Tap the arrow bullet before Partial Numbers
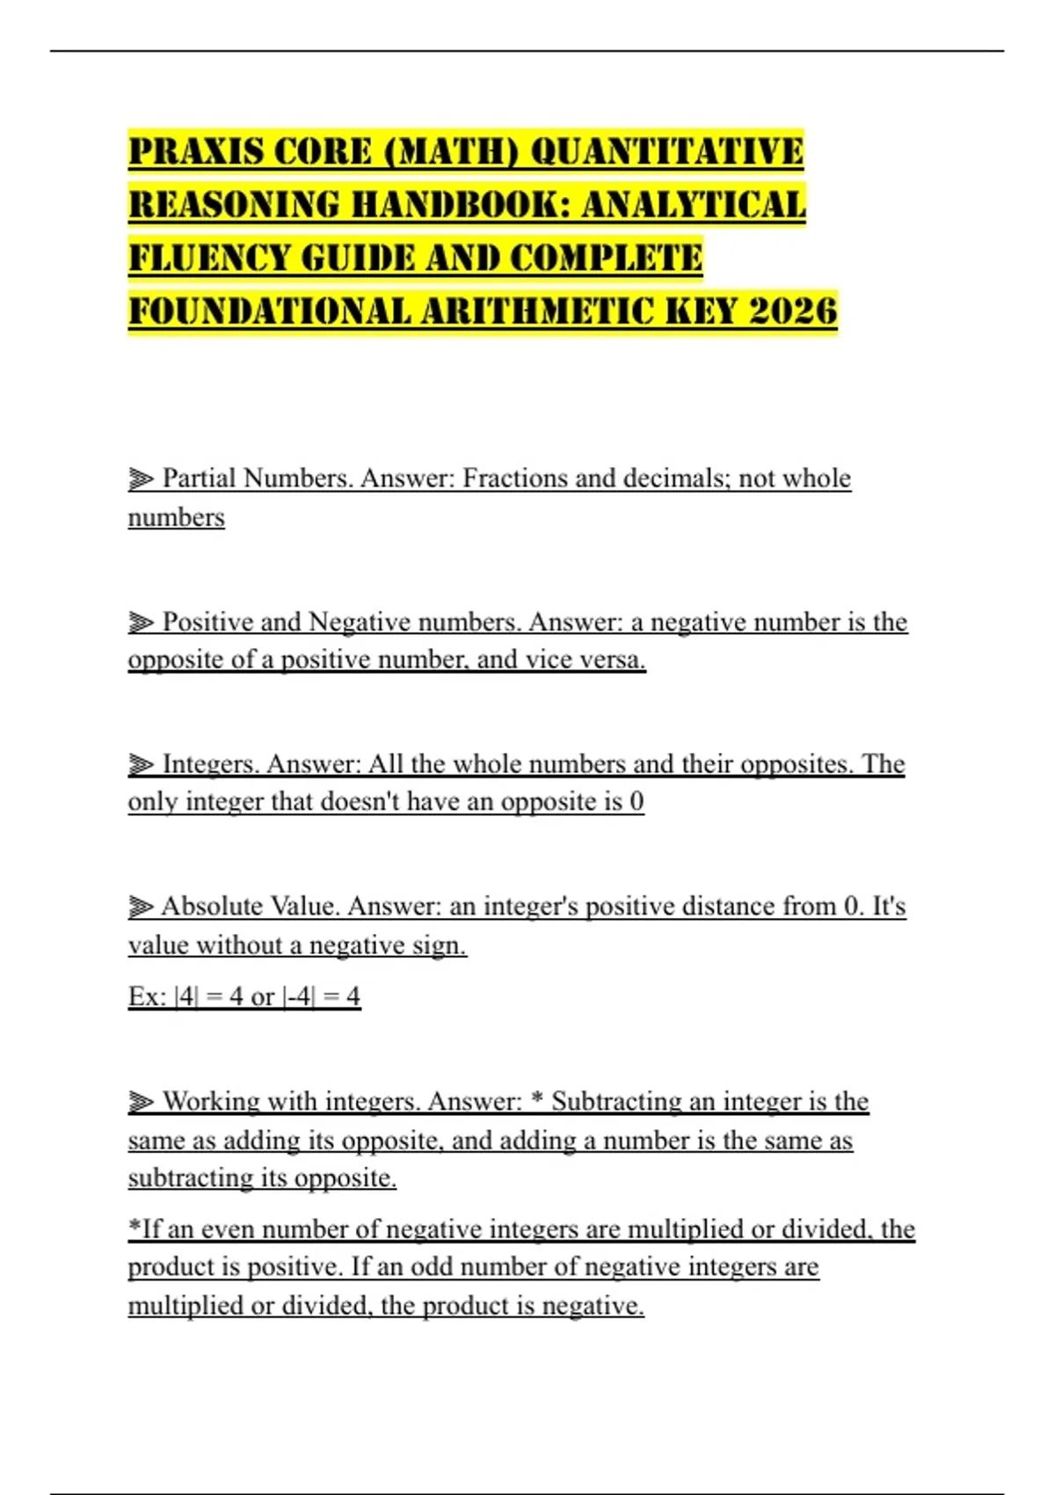pyautogui.click(x=141, y=479)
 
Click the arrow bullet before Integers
pyautogui.click(x=141, y=765)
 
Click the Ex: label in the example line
pyautogui.click(x=147, y=996)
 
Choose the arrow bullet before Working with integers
pyautogui.click(x=141, y=1102)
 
